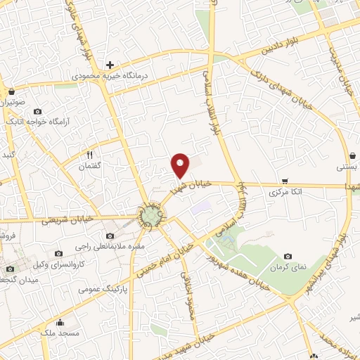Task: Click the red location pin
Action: pyautogui.click(x=181, y=165)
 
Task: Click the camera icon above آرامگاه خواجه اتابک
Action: pyautogui.click(x=37, y=112)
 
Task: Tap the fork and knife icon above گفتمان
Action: pyautogui.click(x=89, y=155)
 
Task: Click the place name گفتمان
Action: pyautogui.click(x=89, y=165)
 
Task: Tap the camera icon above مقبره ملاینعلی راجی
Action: pyautogui.click(x=110, y=236)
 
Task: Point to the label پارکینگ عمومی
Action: pyautogui.click(x=100, y=288)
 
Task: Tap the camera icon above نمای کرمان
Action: pyautogui.click(x=288, y=257)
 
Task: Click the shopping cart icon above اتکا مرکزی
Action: pyautogui.click(x=284, y=181)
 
